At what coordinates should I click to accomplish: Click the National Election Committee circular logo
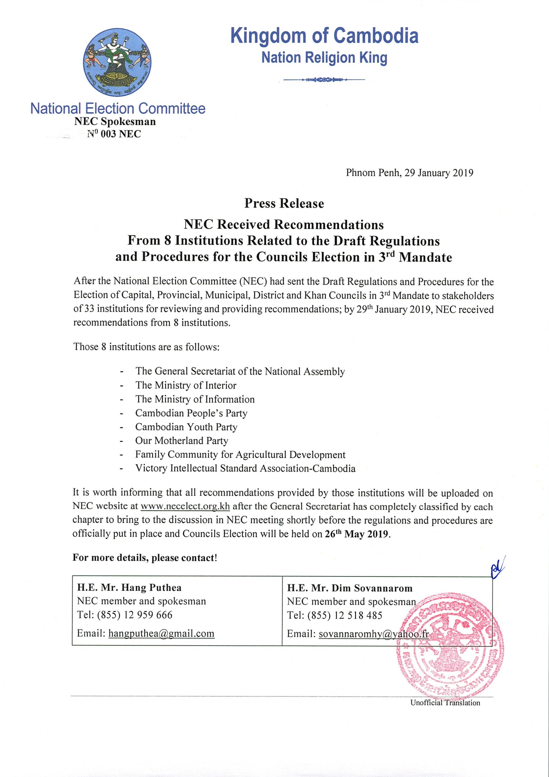coord(117,63)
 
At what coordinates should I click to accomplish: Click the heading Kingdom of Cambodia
coord(324,36)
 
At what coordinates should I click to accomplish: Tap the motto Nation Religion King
coord(324,58)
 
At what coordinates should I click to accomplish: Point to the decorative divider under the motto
coord(324,80)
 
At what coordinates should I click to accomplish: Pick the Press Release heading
coord(284,203)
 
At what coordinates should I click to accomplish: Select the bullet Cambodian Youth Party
coord(186,427)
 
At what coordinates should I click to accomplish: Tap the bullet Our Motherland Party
coord(182,441)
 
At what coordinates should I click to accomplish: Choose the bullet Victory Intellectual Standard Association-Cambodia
coord(245,468)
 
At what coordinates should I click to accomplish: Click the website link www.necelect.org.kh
coord(185,507)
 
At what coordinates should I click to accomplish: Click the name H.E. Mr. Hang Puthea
coord(129,588)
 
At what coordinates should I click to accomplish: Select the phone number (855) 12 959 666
coord(135,615)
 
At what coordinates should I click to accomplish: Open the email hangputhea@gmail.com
coord(161,633)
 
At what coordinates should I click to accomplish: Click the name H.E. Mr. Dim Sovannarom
coord(350,588)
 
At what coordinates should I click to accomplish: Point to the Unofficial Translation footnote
coord(445,703)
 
